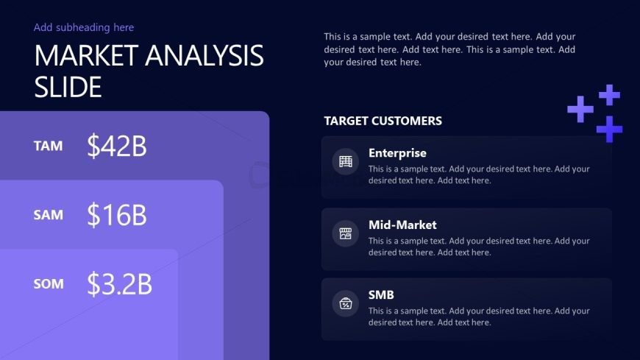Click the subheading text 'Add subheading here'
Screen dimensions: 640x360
tap(84, 27)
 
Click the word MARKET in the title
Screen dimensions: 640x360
tap(87, 55)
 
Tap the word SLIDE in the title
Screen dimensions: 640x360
tap(68, 87)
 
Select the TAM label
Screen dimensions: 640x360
tap(48, 146)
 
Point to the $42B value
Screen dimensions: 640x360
tap(117, 146)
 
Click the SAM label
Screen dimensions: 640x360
tap(48, 215)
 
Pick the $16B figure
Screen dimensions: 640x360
tap(117, 214)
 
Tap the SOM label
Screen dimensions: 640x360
tap(49, 284)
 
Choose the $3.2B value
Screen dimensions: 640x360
tap(119, 283)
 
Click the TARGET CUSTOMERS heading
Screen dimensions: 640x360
tap(383, 121)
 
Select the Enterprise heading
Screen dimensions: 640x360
tap(397, 153)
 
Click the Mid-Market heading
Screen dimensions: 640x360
tap(402, 225)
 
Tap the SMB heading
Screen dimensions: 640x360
tap(381, 295)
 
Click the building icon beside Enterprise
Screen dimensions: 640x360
tap(345, 161)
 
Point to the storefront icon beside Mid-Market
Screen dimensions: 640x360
tap(345, 233)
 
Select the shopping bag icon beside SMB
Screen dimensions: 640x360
tap(345, 303)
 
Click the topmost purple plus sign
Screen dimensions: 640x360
tap(609, 95)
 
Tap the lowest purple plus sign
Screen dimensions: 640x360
tap(609, 129)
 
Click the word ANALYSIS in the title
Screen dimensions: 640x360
tap(204, 55)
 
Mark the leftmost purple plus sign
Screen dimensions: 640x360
tap(580, 109)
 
